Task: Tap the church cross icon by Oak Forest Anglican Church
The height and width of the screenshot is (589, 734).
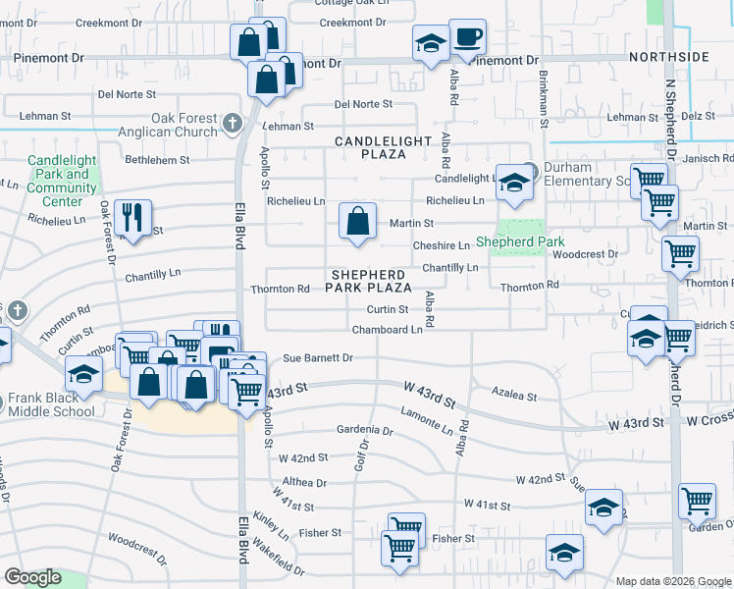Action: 232,123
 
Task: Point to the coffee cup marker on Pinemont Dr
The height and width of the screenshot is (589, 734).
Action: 467,37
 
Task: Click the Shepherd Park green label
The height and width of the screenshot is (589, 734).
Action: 520,241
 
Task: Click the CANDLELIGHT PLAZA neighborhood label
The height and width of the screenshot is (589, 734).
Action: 383,148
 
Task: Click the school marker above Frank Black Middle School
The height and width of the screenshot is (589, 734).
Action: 84,374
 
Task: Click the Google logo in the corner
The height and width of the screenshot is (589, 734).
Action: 32,577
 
